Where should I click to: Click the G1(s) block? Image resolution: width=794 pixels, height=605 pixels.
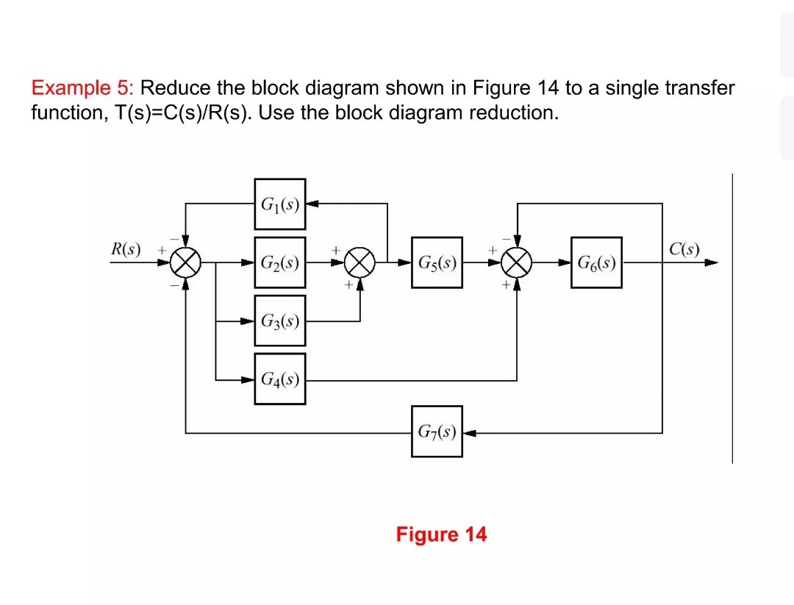click(x=280, y=204)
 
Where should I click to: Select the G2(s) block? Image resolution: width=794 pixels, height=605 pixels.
click(x=280, y=262)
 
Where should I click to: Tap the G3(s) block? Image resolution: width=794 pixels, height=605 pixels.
click(x=280, y=321)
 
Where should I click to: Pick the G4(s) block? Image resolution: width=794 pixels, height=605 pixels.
click(x=280, y=379)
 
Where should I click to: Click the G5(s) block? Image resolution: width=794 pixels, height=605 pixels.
click(x=437, y=262)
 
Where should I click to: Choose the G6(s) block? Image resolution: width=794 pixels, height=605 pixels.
click(x=596, y=262)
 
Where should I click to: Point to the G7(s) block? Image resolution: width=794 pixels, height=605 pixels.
click(x=437, y=432)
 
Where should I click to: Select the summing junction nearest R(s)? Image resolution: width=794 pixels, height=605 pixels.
click(x=186, y=262)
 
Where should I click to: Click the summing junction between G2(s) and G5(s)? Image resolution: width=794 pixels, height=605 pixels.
click(x=360, y=262)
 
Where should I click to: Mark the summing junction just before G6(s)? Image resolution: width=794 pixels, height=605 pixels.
click(x=518, y=262)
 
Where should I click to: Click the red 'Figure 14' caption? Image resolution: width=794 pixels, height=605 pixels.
click(x=441, y=534)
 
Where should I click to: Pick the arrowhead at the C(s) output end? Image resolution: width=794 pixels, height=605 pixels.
click(x=711, y=262)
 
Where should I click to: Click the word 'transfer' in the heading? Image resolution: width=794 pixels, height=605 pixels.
click(x=699, y=89)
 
